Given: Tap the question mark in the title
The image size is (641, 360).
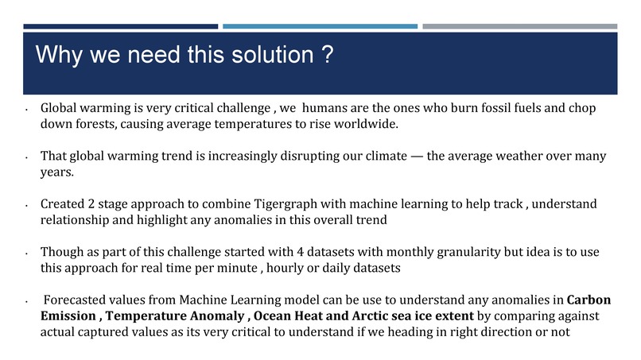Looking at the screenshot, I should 326,56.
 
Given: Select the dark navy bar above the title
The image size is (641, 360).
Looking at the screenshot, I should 119,26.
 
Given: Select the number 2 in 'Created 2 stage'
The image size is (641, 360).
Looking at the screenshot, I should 85,205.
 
